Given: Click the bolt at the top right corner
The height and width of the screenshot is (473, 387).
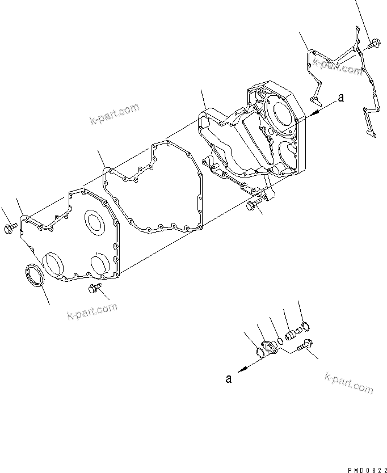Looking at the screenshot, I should tap(373, 43).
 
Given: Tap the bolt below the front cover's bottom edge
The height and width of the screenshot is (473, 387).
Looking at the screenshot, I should tap(94, 289).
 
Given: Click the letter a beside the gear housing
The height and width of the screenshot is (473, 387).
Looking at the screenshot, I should tap(340, 98).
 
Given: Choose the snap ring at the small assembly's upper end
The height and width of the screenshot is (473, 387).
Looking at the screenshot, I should tap(304, 326).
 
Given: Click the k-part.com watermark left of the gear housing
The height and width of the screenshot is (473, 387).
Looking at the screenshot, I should tap(114, 113).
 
